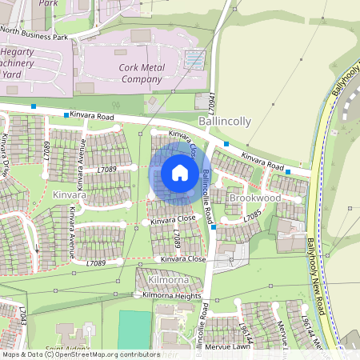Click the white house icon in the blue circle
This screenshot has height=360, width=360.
pos(180,172)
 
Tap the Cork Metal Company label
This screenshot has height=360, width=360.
pos(142,74)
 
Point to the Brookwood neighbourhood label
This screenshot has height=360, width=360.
pos(254,197)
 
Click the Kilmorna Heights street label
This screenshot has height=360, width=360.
pos(172,296)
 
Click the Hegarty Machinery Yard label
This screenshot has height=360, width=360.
pos(22,62)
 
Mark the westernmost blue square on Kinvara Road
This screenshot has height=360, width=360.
pos(34,106)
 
